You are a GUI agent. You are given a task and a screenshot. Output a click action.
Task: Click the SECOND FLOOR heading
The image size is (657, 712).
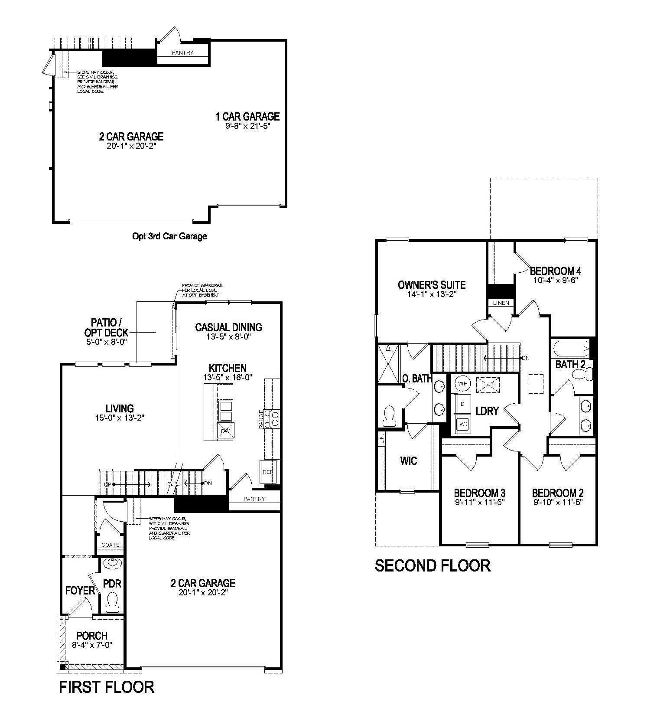[432, 566]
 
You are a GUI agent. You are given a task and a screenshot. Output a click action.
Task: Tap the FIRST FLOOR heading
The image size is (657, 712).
[107, 687]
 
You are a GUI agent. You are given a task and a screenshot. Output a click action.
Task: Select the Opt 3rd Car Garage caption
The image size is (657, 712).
[169, 236]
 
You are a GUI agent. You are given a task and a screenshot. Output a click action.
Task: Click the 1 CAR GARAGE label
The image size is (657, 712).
[247, 116]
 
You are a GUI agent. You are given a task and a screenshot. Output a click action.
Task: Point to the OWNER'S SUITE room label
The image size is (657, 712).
[432, 285]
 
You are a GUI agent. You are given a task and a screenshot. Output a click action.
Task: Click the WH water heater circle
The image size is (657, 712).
[463, 383]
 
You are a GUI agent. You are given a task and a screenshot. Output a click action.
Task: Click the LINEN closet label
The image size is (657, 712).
[501, 303]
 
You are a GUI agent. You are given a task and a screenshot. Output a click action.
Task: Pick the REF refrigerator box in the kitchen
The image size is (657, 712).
[267, 471]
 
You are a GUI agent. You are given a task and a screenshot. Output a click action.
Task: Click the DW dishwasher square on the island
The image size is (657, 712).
[225, 431]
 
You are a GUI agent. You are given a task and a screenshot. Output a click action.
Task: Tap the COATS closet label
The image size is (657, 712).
[111, 545]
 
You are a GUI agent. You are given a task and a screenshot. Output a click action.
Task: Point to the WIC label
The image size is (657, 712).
[409, 461]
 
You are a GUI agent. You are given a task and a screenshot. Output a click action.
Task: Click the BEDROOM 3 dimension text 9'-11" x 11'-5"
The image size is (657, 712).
[479, 503]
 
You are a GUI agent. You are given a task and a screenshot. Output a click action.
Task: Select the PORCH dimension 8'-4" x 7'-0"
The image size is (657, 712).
[92, 645]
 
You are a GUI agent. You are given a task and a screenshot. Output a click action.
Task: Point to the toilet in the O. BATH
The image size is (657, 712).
[389, 415]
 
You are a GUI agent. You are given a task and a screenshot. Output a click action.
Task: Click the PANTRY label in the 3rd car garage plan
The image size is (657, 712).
[182, 53]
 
